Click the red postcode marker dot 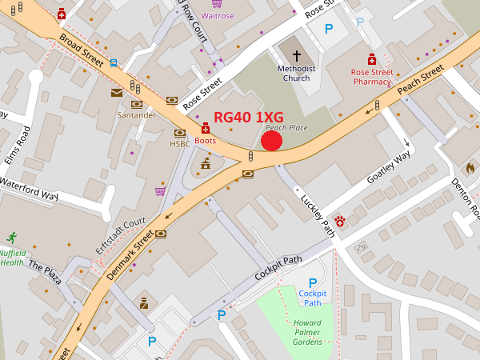coord(272,141)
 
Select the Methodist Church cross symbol coord(297,56)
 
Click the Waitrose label coord(217,15)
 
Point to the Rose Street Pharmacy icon coord(372,60)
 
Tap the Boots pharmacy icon coord(206,128)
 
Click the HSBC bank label coord(180,144)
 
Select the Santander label coord(136,115)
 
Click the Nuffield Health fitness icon coord(11,238)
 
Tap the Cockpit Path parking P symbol coord(313,283)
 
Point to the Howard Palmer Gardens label coord(307,331)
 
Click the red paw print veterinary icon coord(340,220)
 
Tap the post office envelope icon coord(117,93)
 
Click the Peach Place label coord(286,128)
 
